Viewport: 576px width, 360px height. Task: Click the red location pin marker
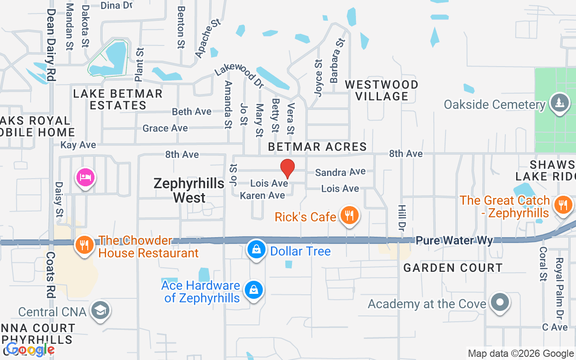[x=288, y=169]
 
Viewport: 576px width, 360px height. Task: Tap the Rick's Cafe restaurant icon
[x=349, y=216]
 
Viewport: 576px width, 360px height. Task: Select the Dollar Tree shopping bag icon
[x=256, y=250]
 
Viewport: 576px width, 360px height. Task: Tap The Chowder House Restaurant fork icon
[x=84, y=245]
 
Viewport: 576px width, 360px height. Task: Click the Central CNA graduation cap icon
[x=100, y=310]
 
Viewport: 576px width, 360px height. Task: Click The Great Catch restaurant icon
[x=562, y=205]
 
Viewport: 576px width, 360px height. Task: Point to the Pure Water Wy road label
[x=454, y=241]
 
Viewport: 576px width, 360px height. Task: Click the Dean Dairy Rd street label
[x=51, y=45]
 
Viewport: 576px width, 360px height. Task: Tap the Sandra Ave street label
[x=340, y=172]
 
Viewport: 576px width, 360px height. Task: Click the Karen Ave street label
[x=262, y=195]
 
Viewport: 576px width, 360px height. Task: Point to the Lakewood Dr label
[x=238, y=75]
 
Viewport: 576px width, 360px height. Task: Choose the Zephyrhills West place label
[x=189, y=190]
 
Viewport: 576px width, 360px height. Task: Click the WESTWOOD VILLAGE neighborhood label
[x=381, y=90]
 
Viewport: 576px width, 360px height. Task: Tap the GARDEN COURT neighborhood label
[x=453, y=268]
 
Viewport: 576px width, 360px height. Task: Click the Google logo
[x=30, y=350]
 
